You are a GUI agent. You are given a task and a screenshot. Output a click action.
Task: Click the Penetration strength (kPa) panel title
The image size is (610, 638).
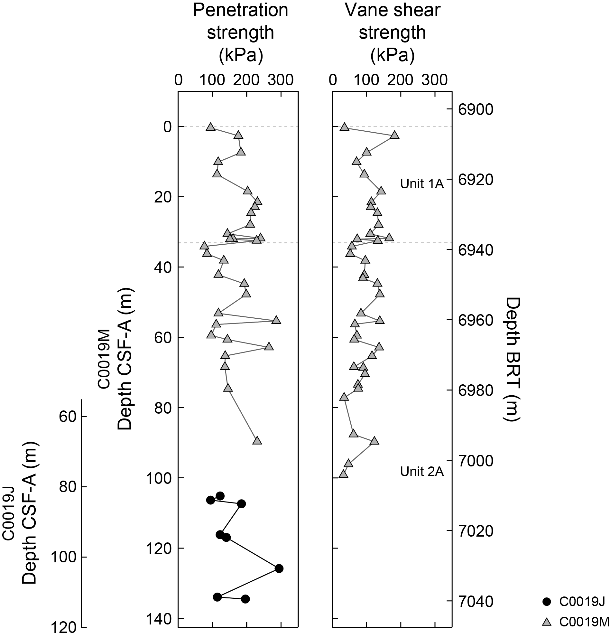[x=241, y=33]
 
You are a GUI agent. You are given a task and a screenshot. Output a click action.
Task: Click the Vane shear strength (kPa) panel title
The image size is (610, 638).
[x=393, y=33]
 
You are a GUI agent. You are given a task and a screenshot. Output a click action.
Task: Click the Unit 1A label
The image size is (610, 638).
[x=422, y=184]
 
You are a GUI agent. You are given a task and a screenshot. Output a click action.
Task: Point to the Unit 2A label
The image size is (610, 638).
[x=422, y=472]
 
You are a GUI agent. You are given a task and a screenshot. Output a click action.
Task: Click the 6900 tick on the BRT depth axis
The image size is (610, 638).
[x=476, y=110]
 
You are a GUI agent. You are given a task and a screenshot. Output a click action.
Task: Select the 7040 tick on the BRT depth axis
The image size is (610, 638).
[x=476, y=602]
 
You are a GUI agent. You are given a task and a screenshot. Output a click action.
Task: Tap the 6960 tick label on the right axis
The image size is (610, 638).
[x=476, y=321]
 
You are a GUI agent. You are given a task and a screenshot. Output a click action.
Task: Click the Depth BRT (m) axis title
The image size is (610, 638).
[x=513, y=360]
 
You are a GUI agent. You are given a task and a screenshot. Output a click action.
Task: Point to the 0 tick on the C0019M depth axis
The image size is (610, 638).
[x=167, y=127]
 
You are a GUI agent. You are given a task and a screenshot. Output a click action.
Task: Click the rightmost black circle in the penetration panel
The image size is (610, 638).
[x=279, y=568]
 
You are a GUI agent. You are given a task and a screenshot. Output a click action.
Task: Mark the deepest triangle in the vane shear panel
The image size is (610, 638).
[x=343, y=474]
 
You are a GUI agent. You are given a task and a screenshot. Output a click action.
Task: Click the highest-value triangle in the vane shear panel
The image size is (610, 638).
[x=394, y=135]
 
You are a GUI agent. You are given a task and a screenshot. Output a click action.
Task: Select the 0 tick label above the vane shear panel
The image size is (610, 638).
[x=333, y=80]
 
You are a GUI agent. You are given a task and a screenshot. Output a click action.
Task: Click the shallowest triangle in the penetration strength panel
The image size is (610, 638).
[x=211, y=127]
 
